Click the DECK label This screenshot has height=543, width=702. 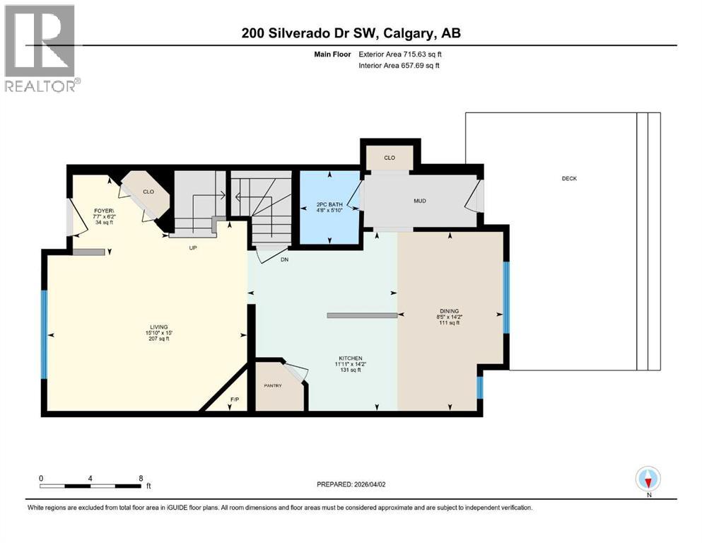tap(569, 179)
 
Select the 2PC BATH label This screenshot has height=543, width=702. tap(329, 205)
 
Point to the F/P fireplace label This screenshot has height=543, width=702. tap(234, 401)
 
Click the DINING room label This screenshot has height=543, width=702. tap(449, 310)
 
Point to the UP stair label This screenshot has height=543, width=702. tap(191, 248)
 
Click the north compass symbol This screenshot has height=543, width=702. tap(648, 479)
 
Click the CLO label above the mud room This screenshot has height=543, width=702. tap(390, 158)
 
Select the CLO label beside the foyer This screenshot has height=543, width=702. tap(148, 192)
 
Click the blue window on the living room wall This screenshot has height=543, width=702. tap(45, 334)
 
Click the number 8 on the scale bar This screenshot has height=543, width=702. tap(141, 478)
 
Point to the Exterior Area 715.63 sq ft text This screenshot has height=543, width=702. tap(402, 54)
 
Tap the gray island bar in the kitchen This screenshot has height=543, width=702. tap(361, 316)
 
